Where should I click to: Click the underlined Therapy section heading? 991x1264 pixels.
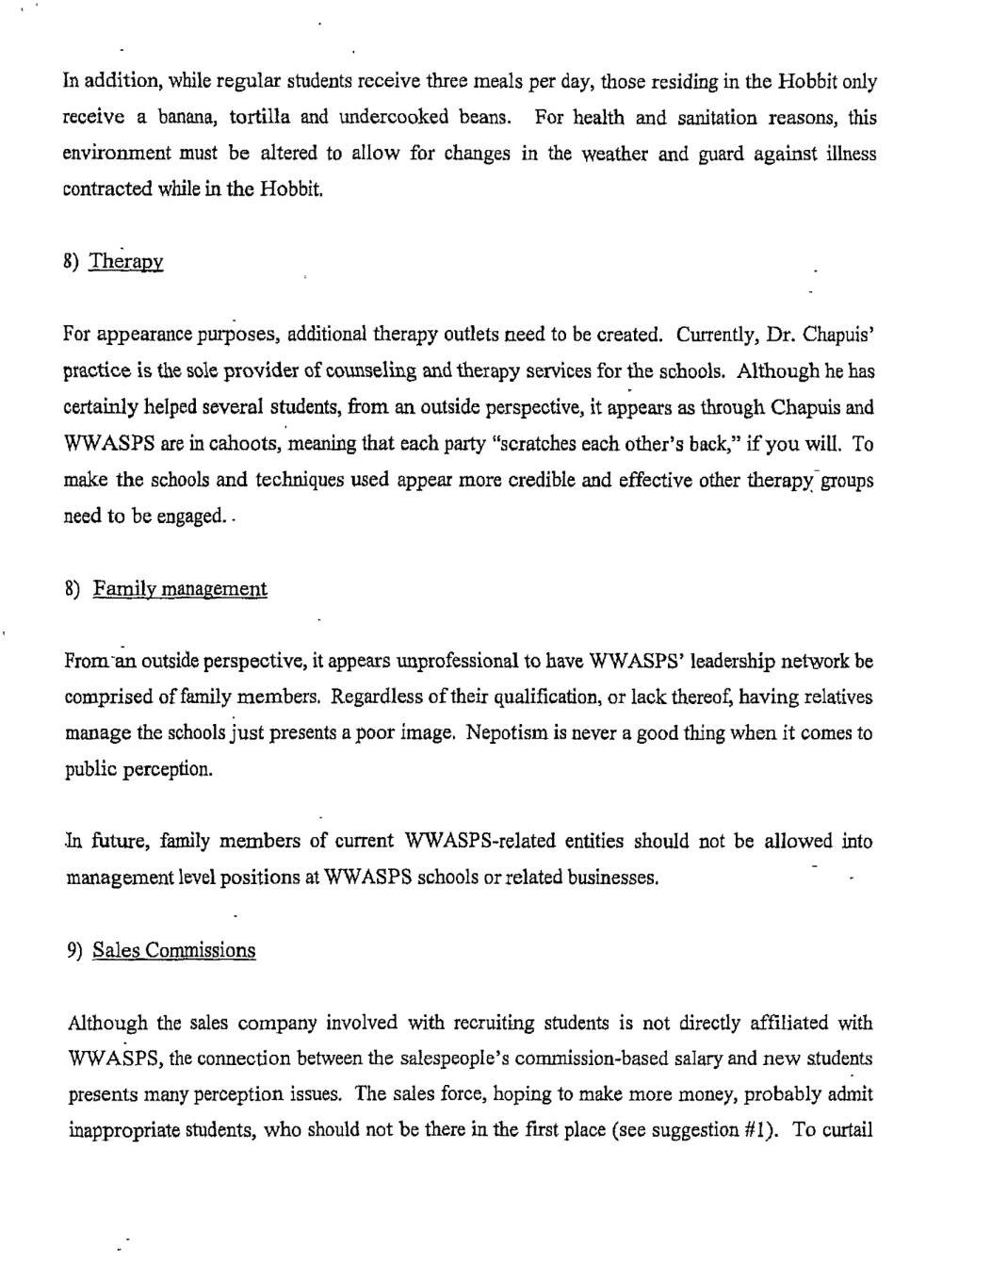(x=126, y=262)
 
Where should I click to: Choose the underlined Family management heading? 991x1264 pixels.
(x=180, y=590)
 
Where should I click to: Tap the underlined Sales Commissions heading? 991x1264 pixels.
(x=174, y=950)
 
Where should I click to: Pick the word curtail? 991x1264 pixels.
(x=848, y=1130)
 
